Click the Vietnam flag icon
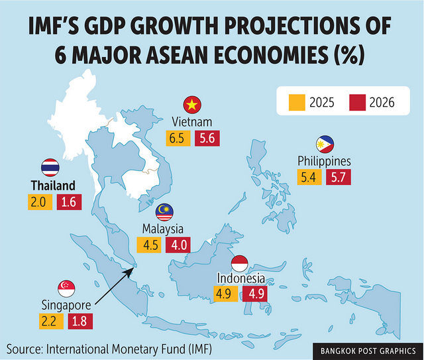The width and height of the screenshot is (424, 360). tap(193, 105)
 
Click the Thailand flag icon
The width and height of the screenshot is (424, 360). tap(50, 167)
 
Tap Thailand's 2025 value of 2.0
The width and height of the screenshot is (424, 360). tap(37, 202)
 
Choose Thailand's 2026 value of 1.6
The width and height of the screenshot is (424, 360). tap(66, 202)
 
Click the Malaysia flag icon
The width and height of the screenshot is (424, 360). tap(165, 212)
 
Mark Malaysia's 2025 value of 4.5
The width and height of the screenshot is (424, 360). tap(151, 244)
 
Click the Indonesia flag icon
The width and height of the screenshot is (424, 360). tap(239, 262)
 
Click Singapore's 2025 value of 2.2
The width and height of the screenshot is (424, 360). tap(50, 322)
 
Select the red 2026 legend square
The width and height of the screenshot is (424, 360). tap(357, 102)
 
